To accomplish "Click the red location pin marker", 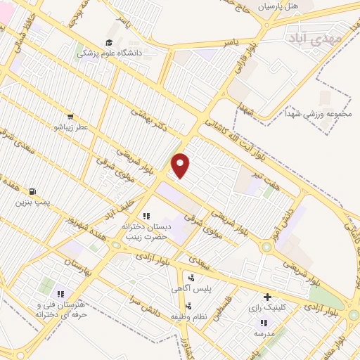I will tap(181, 166).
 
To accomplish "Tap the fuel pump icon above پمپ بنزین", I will tap(32, 191).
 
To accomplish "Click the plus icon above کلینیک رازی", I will tap(266, 297).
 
